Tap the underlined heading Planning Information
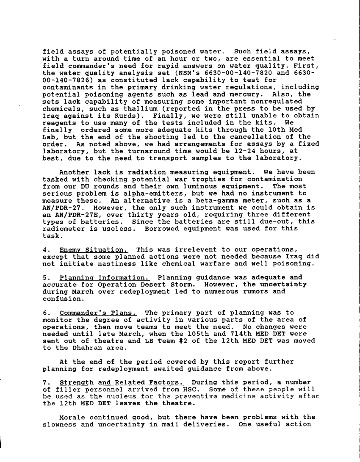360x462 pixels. click(104, 277)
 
